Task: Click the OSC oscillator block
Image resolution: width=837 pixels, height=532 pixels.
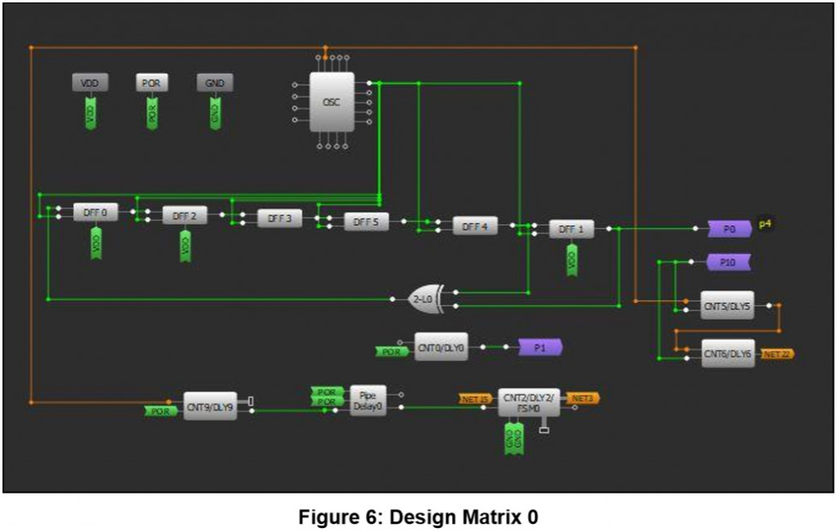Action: [x=332, y=101]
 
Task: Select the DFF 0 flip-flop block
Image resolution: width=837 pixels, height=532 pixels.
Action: [x=96, y=212]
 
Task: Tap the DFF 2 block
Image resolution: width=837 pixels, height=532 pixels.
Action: [x=185, y=216]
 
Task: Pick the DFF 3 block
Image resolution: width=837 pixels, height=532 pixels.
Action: [x=280, y=218]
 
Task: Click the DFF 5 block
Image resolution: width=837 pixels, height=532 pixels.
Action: [x=366, y=221]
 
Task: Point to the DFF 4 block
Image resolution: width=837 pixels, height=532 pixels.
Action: [x=475, y=226]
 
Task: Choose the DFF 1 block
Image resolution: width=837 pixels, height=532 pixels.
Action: [x=571, y=230]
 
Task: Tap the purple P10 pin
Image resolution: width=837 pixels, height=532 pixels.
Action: [x=728, y=262]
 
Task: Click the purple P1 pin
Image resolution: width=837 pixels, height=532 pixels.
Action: [x=539, y=347]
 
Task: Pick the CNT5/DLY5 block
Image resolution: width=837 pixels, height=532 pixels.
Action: [x=727, y=305]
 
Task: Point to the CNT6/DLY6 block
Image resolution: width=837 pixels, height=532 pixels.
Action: [x=727, y=353]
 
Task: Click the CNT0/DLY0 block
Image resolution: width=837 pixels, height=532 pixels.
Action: [x=441, y=347]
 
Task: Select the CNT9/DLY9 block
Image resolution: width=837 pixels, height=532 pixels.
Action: [x=210, y=405]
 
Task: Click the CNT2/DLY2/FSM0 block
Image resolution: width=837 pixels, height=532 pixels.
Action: [x=529, y=402]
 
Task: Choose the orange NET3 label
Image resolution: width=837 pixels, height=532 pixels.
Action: [x=583, y=398]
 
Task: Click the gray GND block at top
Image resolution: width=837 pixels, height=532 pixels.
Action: [x=215, y=83]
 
